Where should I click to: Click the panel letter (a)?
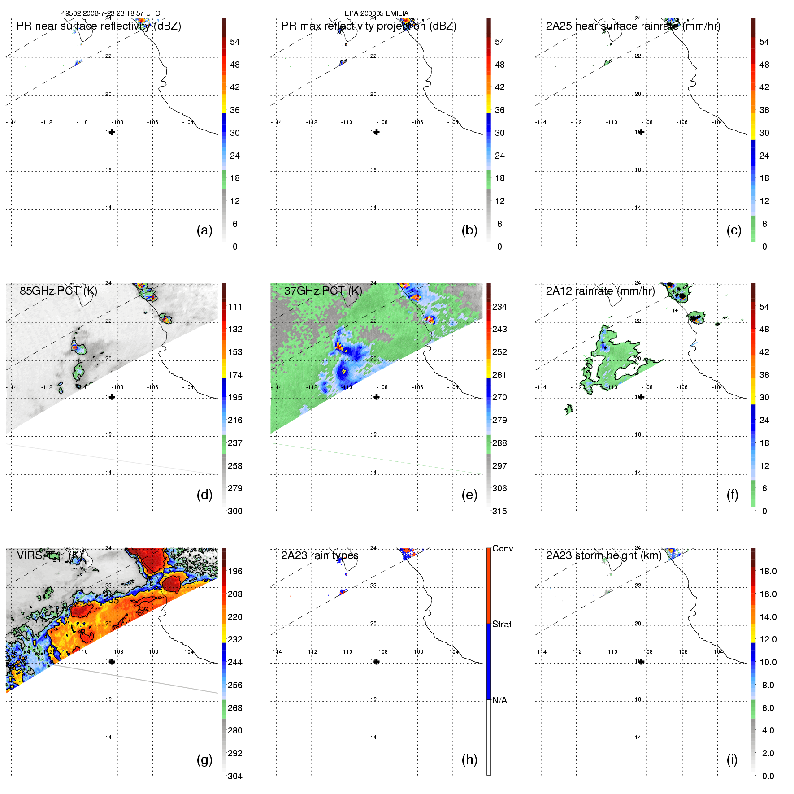[204, 230]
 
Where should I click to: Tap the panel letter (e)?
[469, 495]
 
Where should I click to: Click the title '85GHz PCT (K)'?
[58, 291]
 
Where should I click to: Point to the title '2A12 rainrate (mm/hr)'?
[600, 291]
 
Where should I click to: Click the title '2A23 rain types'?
[320, 555]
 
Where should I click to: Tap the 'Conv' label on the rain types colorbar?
[503, 548]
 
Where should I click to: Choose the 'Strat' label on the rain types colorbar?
[502, 624]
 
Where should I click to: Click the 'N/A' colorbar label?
[499, 700]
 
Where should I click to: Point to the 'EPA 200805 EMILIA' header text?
[377, 13]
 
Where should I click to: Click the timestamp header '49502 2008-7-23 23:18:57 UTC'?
[111, 13]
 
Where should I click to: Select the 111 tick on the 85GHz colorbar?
[235, 307]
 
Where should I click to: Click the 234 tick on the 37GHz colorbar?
[499, 307]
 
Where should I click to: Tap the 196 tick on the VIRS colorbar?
[235, 571]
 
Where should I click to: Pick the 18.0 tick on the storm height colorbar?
[768, 571]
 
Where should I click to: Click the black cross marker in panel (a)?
[112, 132]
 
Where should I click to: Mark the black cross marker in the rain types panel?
[377, 661]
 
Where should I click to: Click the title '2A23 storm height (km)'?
[603, 555]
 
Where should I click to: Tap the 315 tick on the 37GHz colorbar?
[499, 511]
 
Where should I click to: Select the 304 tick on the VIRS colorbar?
[235, 776]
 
